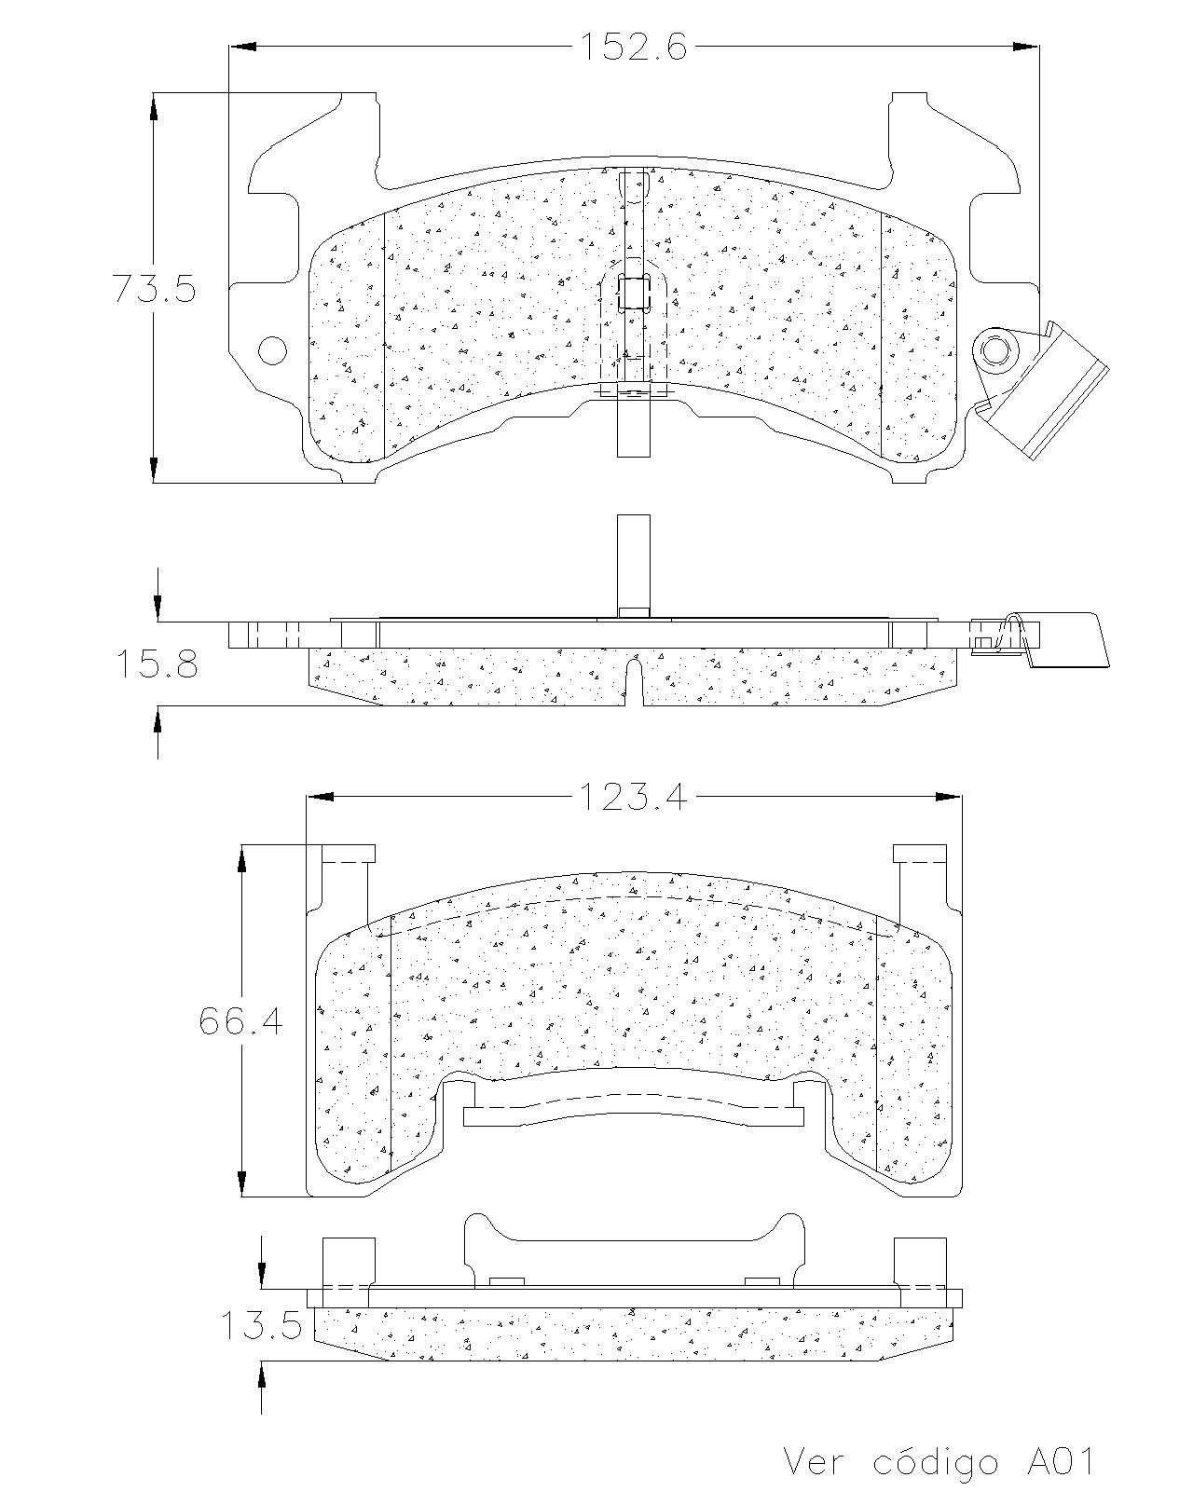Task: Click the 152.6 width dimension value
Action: pos(633,48)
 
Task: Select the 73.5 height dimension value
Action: pos(155,288)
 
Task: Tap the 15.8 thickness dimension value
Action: pos(158,663)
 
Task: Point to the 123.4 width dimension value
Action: pos(633,797)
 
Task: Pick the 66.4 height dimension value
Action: pos(240,1021)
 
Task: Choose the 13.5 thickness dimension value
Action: pos(261,1326)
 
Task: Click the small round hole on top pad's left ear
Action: pos(272,350)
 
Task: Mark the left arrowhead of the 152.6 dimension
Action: pos(242,48)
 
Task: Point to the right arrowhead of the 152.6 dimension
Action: pos(1026,48)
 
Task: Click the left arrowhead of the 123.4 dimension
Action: pos(321,797)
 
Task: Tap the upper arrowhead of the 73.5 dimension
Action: pos(154,106)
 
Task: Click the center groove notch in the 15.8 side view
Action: pos(635,682)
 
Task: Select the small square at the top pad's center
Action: pos(632,291)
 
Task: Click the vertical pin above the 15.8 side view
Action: pos(634,566)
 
